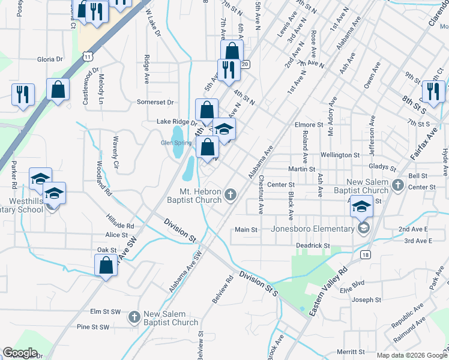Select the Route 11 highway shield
coord(88,56)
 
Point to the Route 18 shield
coord(365,254)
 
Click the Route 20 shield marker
coord(245,64)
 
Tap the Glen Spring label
coord(176,143)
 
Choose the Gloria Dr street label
coord(50,59)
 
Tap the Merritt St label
coord(351,352)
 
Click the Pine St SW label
coord(92,327)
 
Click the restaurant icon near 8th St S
coord(432,92)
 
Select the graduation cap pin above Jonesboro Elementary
coord(361,207)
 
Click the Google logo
coord(20,352)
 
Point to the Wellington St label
coord(340,155)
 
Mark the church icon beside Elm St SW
coord(134,317)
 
